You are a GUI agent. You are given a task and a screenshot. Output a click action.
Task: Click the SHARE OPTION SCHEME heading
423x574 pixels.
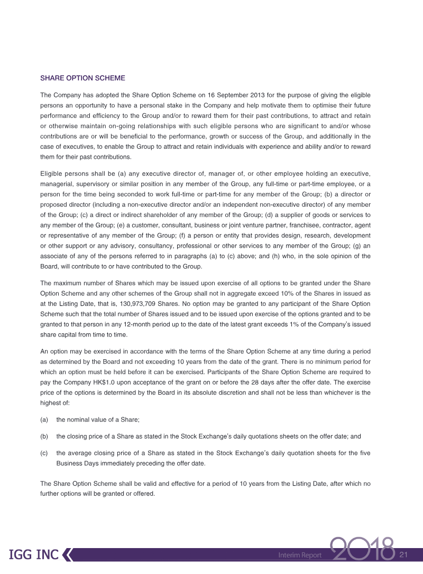point(82,78)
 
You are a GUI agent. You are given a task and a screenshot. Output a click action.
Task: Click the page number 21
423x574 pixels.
point(404,554)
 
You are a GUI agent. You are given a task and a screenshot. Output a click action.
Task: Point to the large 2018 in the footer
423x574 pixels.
point(362,551)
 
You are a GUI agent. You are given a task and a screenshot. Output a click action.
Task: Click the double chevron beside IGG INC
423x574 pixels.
point(67,555)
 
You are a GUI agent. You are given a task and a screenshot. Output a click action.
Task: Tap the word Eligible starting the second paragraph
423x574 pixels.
point(51,174)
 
